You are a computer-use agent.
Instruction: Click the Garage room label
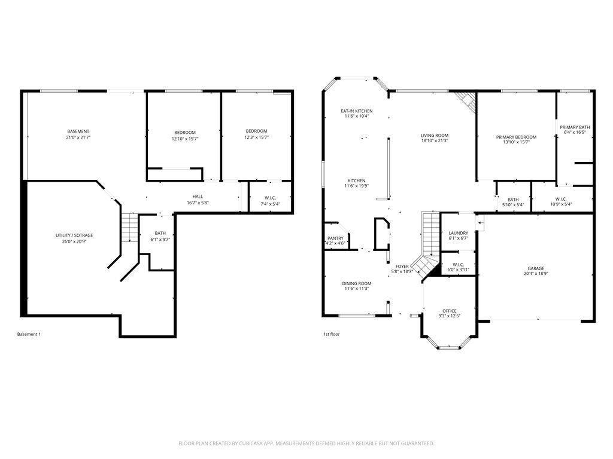(536, 268)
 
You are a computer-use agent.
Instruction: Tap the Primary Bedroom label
(516, 137)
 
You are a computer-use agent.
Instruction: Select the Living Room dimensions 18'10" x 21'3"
(434, 141)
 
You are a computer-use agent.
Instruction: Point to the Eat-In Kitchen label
(357, 111)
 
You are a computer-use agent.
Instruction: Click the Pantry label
(335, 238)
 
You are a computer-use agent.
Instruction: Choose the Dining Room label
(357, 283)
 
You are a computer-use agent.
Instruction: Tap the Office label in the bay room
(450, 311)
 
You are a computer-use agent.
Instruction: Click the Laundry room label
(459, 233)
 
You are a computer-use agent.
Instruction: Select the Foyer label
(402, 266)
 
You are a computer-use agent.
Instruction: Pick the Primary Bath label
(575, 127)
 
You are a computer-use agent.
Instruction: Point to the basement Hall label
(197, 197)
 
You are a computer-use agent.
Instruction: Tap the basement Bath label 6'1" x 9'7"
(160, 233)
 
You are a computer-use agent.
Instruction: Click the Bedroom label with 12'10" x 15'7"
(185, 132)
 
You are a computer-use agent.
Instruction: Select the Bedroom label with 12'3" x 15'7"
(256, 131)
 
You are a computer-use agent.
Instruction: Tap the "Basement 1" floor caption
(29, 334)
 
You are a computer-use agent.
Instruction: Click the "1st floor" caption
(331, 334)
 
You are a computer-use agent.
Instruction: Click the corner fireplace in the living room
(466, 100)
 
